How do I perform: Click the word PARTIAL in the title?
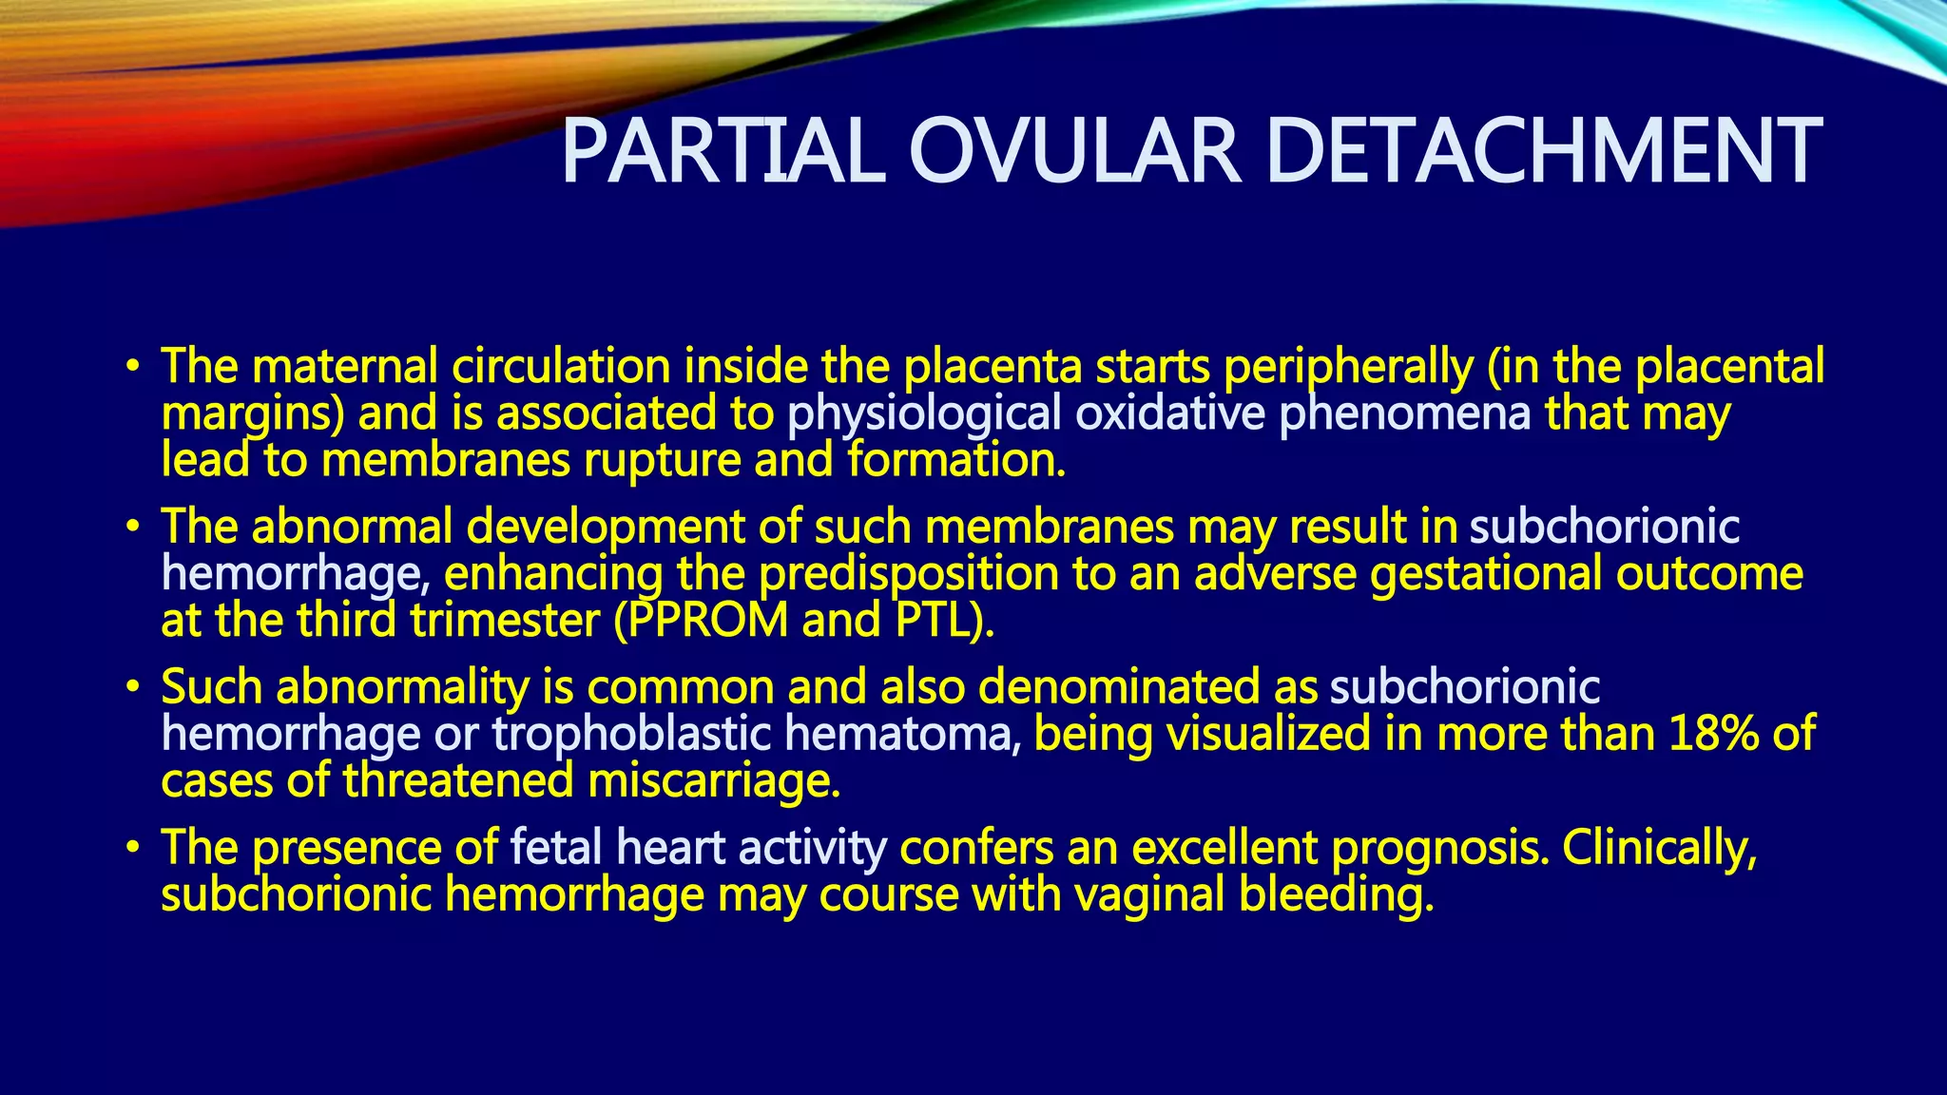723,152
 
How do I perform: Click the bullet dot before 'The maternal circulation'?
133,367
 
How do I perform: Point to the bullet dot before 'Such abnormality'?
133,687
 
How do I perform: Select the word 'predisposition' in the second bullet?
909,574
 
